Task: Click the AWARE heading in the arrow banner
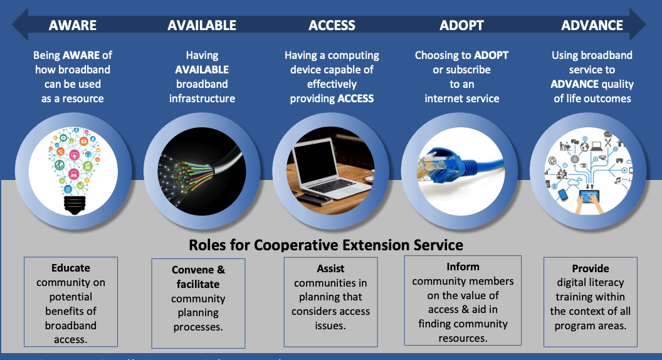(73, 26)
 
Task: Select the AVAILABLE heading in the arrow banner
(202, 26)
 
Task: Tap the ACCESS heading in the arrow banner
(332, 26)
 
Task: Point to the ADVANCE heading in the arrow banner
(592, 26)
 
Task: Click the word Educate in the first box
(71, 268)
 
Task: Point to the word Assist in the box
(330, 268)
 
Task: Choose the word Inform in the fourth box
(463, 267)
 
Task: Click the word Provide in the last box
(590, 268)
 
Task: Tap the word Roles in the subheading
(206, 244)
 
